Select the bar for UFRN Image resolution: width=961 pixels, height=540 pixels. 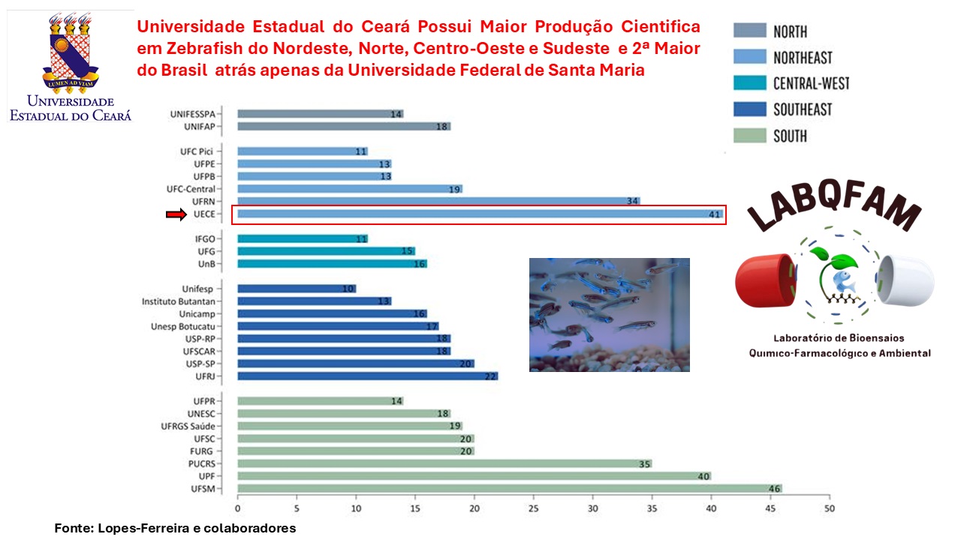[x=438, y=201]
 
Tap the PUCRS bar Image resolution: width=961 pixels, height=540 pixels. [x=444, y=463]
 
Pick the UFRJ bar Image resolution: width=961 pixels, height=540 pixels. [x=367, y=376]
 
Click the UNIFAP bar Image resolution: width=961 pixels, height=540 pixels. [x=344, y=127]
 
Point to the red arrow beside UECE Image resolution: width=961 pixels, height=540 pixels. [x=175, y=214]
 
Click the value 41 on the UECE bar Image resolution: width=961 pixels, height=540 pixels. [x=714, y=214]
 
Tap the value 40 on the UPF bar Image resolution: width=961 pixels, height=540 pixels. [x=702, y=476]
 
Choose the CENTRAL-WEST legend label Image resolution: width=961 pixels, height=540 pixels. [x=811, y=83]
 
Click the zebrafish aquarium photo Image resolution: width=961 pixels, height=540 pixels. [x=609, y=315]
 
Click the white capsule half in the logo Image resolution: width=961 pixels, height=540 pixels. [x=905, y=280]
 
